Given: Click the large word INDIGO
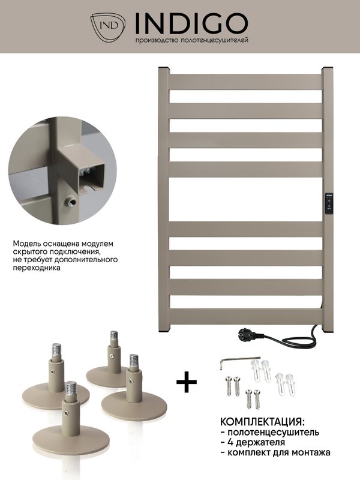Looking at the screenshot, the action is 191,24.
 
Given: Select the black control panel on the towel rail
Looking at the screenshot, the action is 329,203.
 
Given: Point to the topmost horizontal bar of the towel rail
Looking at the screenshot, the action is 245,82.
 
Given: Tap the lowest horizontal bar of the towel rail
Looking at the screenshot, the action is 245,316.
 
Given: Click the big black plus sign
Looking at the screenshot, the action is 187,382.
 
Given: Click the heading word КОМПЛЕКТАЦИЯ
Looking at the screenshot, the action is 262,422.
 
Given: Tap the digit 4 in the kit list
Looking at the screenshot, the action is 231,442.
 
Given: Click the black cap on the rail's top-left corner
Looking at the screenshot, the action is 163,67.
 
